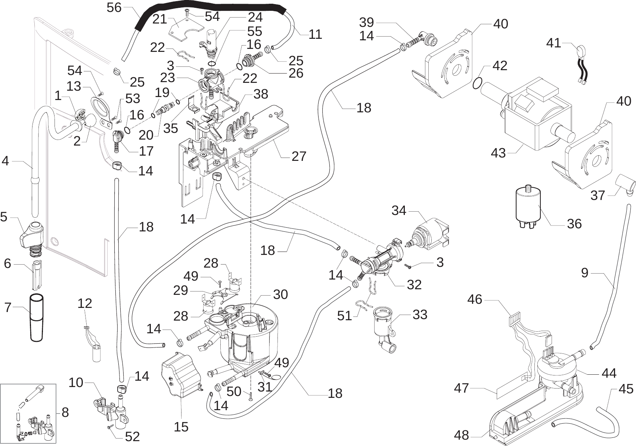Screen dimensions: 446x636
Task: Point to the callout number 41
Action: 553,43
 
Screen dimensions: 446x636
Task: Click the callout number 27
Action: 299,156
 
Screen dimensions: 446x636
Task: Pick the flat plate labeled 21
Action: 183,29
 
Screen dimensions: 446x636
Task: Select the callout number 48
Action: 461,435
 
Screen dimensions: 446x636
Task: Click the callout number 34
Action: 398,210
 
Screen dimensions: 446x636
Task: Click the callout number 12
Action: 85,303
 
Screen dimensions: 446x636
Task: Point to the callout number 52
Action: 132,436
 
